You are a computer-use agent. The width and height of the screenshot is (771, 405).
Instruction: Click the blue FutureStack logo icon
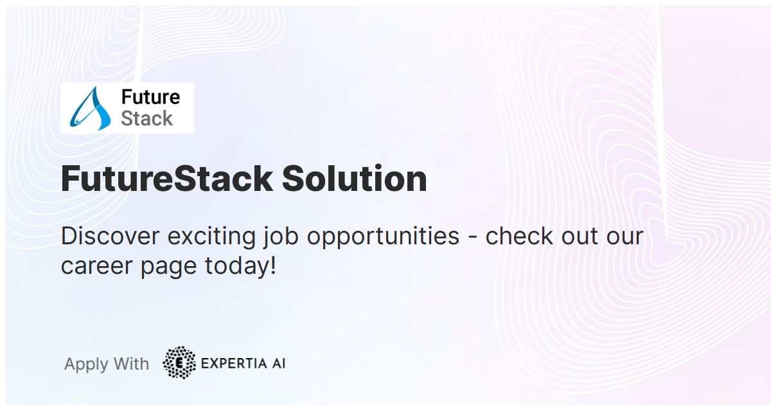point(91,108)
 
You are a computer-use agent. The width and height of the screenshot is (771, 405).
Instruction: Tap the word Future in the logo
point(150,97)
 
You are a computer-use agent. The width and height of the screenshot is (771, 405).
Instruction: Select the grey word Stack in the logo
point(146,119)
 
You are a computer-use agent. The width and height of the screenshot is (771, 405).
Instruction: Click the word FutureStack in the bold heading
point(166,179)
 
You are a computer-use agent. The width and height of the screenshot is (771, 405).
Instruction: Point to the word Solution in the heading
point(354,179)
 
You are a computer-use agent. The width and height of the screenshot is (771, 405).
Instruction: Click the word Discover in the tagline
point(110,237)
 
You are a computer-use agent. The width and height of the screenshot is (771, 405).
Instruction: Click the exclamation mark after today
point(272,265)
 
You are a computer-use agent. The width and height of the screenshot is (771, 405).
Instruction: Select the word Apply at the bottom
point(86,365)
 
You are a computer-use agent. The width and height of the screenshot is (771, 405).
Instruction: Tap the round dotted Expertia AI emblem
point(179,363)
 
